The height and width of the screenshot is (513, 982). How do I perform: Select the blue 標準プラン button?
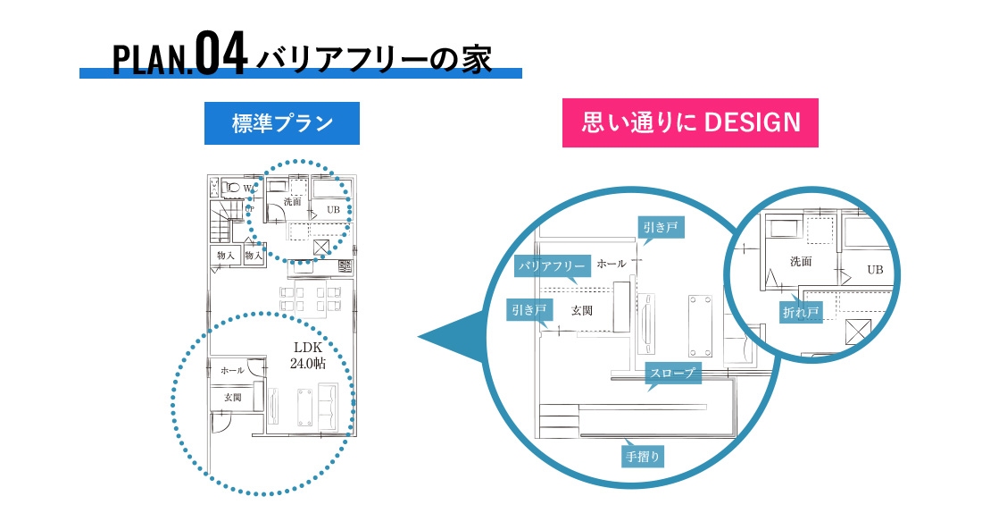(282, 123)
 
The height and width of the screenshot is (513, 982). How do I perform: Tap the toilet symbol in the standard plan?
(232, 188)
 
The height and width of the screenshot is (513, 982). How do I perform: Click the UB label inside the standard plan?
(333, 210)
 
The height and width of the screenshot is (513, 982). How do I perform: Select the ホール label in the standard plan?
(232, 370)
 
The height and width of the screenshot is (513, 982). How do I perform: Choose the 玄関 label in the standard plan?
(232, 397)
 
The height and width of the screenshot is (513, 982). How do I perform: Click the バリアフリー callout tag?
(552, 266)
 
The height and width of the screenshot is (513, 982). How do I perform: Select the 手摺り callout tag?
(643, 457)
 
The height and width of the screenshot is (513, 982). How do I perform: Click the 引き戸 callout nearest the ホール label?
(661, 228)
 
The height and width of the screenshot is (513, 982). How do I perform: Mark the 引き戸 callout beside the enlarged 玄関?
(529, 310)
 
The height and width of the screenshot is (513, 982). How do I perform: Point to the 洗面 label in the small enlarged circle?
(801, 262)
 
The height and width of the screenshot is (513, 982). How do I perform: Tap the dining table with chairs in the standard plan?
(311, 299)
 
